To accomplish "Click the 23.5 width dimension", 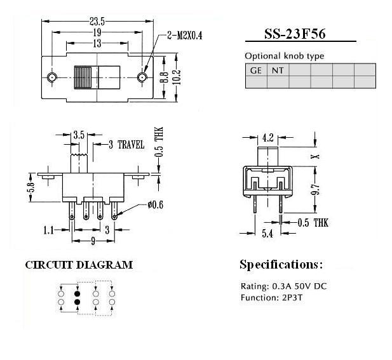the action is pos(97,22).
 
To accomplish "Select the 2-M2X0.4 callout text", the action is pos(184,36).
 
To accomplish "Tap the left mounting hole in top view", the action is pos(52,77).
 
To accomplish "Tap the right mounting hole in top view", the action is pos(142,77).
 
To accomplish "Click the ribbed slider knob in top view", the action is pos(83,77).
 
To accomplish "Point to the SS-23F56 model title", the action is pos(295,34).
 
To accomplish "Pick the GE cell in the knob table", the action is pos(256,70).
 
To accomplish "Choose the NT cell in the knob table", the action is pos(278,70).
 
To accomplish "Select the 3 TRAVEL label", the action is pos(126,145).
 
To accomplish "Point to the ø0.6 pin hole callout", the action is pos(155,205).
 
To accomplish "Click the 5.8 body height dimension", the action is pos(32,187).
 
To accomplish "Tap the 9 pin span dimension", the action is pos(93,241).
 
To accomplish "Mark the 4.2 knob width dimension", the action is pos(267,138).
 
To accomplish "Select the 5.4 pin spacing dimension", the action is pos(267,234).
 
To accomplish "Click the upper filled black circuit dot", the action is pos(78,293).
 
